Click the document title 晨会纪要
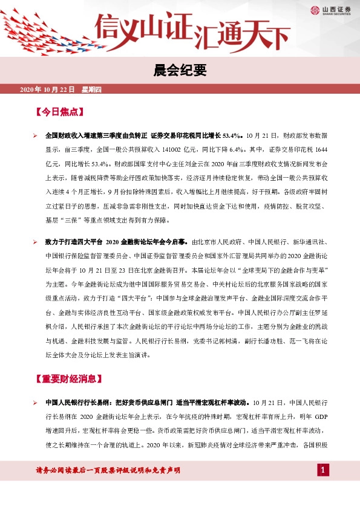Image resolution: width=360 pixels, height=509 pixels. point(180,71)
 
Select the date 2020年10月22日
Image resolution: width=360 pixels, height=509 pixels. point(47,90)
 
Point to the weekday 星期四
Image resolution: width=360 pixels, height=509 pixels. point(91,90)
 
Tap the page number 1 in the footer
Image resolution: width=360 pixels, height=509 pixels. point(324,470)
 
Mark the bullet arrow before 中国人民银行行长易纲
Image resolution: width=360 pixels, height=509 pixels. point(36,403)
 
